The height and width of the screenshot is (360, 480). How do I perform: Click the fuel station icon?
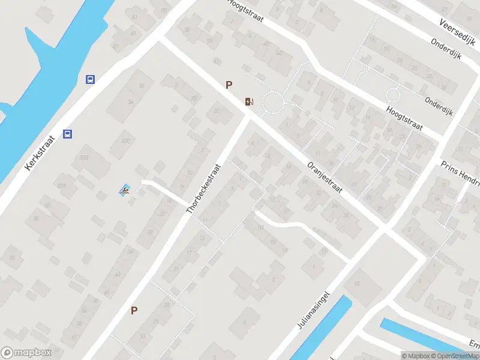coord(249,101)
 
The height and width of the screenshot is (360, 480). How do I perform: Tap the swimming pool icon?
coord(125,191)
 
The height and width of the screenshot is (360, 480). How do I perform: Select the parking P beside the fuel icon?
coord(229,85)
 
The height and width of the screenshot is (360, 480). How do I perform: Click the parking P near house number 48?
coord(134,310)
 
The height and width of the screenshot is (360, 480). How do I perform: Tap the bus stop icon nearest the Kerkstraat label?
coord(68,134)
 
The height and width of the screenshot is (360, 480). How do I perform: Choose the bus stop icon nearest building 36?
coord(90,79)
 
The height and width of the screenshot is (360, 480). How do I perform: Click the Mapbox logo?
coord(26,353)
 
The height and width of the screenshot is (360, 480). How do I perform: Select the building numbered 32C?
coord(126,140)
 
